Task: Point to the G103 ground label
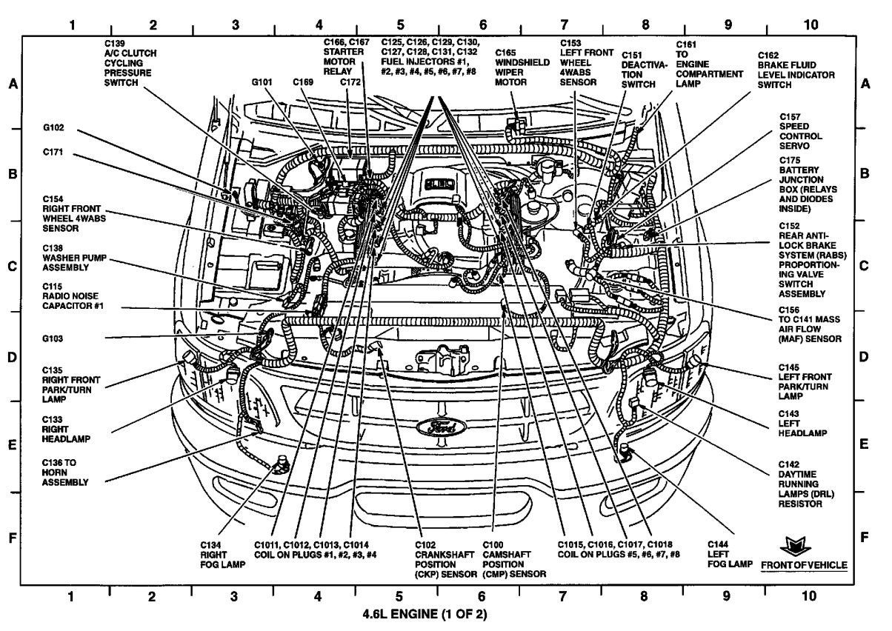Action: [x=53, y=338]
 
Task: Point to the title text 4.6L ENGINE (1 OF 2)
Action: [x=425, y=614]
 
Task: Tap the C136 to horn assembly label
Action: [x=65, y=472]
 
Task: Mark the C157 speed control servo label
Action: [x=800, y=131]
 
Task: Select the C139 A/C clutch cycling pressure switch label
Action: [x=128, y=63]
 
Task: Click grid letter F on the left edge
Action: [x=13, y=538]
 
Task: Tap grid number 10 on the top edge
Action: [x=811, y=24]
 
